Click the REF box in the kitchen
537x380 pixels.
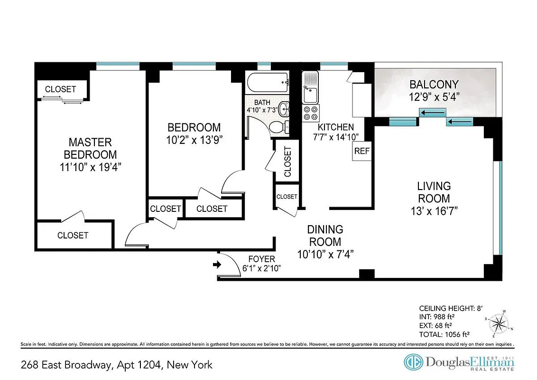pyautogui.click(x=361, y=152)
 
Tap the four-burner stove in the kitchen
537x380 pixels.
pyautogui.click(x=311, y=113)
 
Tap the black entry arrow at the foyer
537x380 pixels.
pyautogui.click(x=217, y=265)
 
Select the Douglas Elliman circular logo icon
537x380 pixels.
pyautogui.click(x=413, y=362)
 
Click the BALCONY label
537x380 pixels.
pyautogui.click(x=434, y=85)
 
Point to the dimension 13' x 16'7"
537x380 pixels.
pyautogui.click(x=434, y=210)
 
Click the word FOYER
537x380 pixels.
pyautogui.click(x=261, y=259)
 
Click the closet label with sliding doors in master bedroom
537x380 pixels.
pyautogui.click(x=60, y=89)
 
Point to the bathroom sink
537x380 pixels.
pyautogui.click(x=283, y=110)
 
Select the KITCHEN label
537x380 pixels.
pyautogui.click(x=335, y=127)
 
